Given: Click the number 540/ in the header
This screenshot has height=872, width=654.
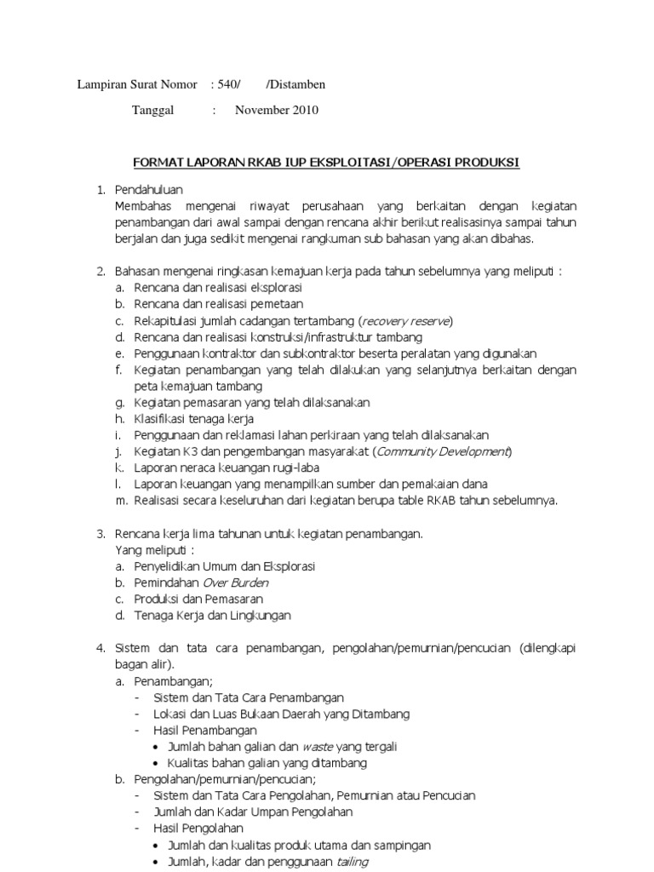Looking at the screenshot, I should click(230, 84).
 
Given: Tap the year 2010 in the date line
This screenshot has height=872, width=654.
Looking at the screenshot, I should click(302, 110).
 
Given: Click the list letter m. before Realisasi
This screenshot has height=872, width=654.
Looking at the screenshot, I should click(120, 501).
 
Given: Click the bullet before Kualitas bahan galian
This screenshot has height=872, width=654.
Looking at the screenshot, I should click(158, 763).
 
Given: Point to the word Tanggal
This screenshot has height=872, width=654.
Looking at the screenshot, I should click(153, 110).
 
